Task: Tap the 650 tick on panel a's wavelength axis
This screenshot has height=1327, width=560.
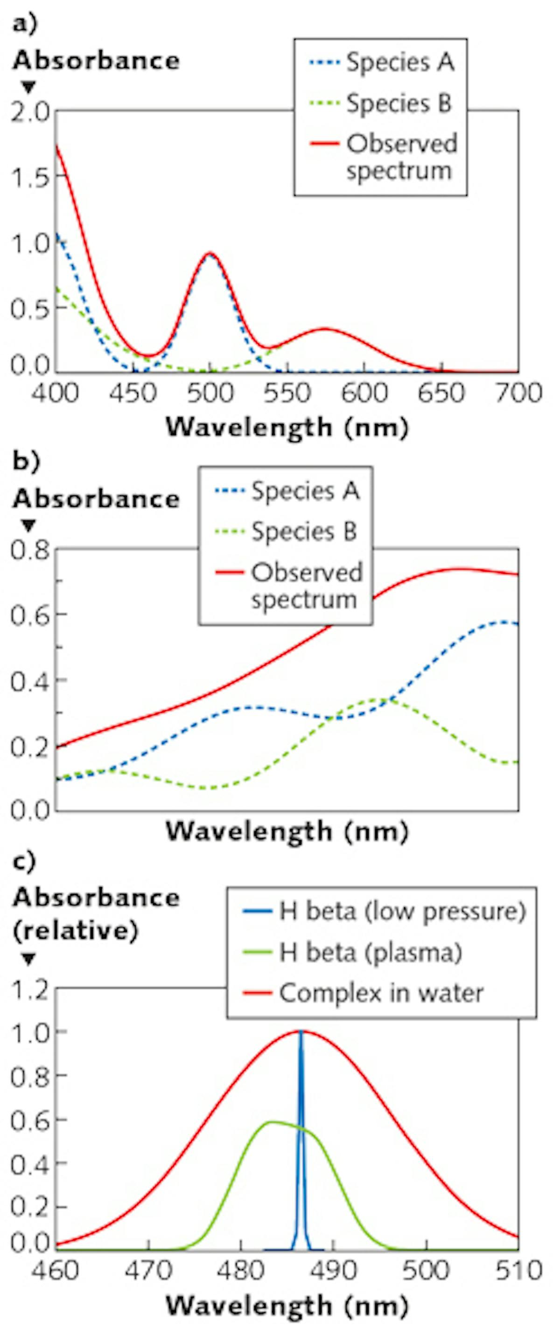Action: tap(441, 393)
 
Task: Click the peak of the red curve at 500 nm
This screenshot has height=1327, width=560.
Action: tap(210, 254)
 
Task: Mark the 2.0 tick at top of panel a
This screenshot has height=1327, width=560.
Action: tap(30, 111)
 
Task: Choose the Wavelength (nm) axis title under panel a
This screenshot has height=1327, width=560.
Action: tap(287, 427)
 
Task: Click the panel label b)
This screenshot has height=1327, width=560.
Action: tap(25, 461)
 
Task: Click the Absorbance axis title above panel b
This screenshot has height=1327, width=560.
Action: tap(96, 498)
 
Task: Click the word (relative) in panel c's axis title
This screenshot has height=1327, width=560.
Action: tap(76, 930)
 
